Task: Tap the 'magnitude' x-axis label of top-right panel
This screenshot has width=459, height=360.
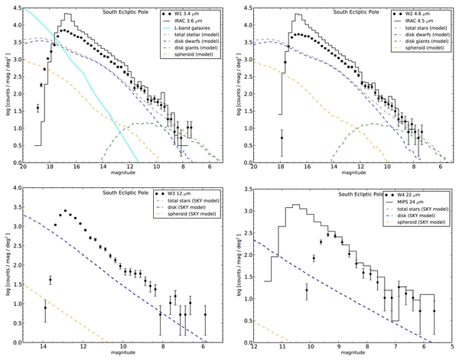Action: click(347, 175)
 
